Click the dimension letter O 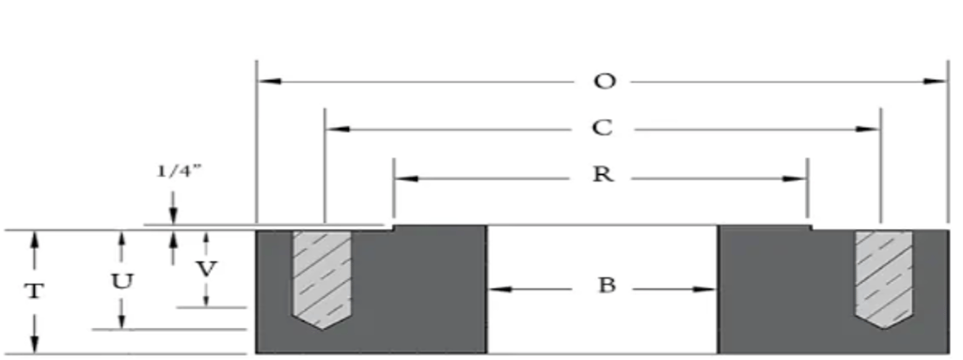point(604,82)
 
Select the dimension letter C point(604,128)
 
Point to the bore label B point(607,287)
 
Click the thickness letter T point(34,290)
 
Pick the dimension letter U point(120,280)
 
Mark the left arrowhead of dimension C point(335,128)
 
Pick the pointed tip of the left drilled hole point(322,328)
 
